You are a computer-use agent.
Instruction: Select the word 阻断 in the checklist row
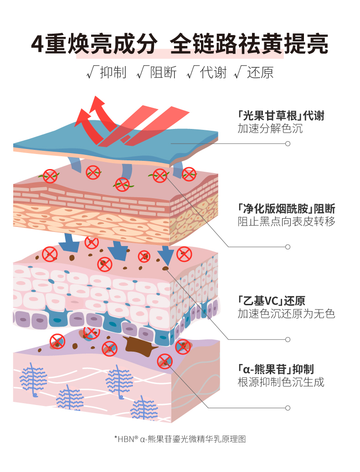[x=163, y=72]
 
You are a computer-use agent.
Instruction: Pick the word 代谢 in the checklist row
[x=213, y=72]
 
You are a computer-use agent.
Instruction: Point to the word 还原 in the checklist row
[x=260, y=72]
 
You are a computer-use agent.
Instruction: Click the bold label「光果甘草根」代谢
[x=281, y=116]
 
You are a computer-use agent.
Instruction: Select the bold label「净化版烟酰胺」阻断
[x=286, y=209]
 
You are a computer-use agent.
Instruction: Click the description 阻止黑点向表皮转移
[x=286, y=222]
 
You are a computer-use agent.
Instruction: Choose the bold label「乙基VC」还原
[x=271, y=301]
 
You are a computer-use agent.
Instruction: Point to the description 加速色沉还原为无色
[x=286, y=314]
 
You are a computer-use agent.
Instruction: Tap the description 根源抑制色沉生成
[x=281, y=382]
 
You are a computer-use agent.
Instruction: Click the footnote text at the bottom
[x=180, y=439]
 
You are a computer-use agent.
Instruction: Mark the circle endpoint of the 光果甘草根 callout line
[x=288, y=144]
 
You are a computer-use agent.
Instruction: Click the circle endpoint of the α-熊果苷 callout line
[x=288, y=408]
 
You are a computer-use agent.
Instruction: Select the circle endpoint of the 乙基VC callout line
[x=288, y=339]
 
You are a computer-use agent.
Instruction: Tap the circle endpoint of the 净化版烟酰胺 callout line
[x=288, y=247]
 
